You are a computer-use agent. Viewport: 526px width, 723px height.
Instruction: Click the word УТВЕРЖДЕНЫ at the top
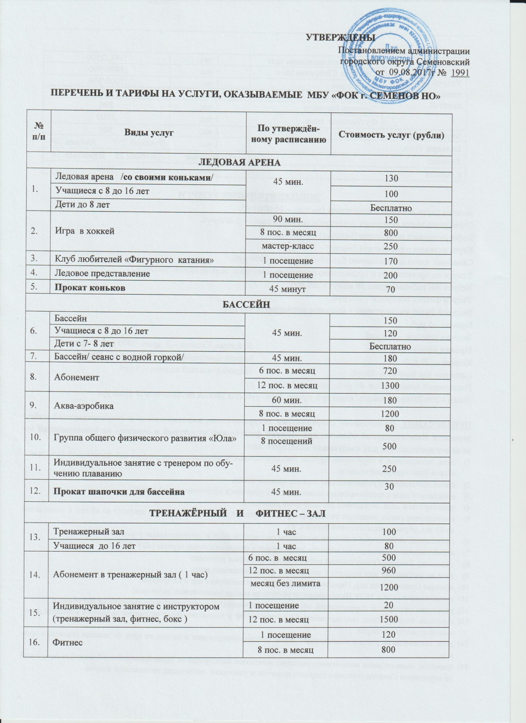340,38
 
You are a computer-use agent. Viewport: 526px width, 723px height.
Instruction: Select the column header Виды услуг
149,132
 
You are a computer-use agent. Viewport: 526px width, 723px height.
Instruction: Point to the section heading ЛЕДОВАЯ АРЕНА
240,163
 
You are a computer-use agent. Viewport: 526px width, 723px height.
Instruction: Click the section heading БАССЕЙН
246,304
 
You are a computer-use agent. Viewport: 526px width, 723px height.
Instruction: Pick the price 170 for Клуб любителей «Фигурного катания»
391,261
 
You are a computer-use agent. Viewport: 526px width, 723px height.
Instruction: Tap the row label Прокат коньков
90,288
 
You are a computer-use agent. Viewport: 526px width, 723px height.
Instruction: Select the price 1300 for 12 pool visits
390,386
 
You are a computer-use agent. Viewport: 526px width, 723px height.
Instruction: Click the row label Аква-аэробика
79,406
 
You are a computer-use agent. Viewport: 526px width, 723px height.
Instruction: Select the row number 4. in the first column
35,273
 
